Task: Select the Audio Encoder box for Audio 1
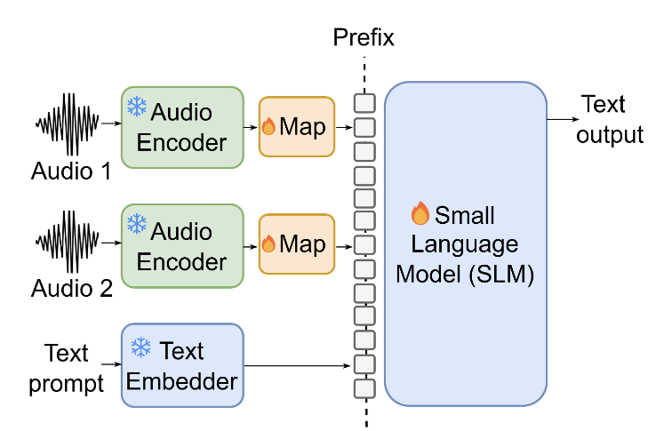(182, 127)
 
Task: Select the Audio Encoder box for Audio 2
(182, 245)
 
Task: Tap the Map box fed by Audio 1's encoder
(296, 127)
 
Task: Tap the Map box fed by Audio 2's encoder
(296, 244)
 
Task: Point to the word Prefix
(364, 37)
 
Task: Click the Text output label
(610, 119)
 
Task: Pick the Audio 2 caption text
(71, 287)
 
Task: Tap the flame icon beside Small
(420, 214)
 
